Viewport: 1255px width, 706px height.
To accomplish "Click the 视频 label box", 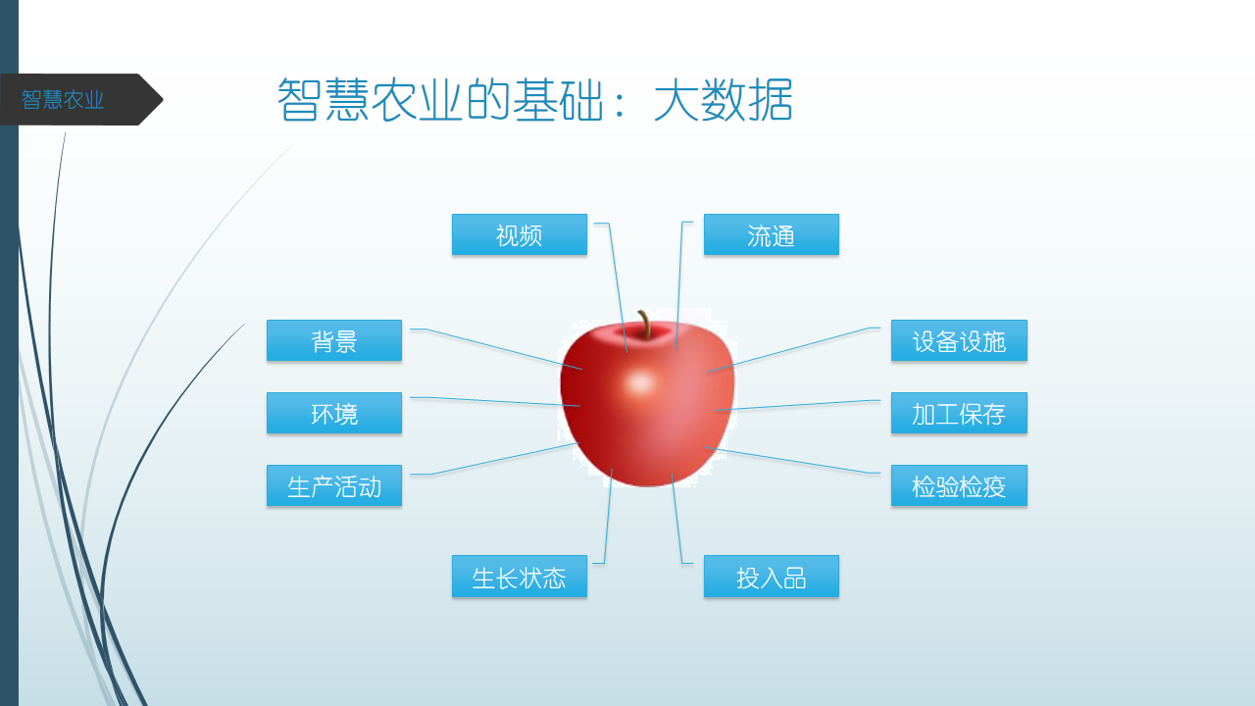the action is coord(520,234).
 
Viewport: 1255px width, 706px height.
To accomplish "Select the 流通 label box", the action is coord(772,234).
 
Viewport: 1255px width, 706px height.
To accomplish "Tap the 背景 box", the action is coord(334,340).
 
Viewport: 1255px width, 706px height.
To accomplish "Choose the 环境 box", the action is coord(334,413).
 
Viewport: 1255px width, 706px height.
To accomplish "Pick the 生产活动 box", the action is coord(334,485).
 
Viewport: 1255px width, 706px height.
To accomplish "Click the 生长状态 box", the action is coord(520,577).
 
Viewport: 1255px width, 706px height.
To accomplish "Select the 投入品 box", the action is coord(772,577).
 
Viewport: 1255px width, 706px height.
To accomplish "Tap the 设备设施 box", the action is coord(959,340).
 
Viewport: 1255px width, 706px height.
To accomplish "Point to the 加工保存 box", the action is coord(959,413).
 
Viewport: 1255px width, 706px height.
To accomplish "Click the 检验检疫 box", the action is coord(959,485).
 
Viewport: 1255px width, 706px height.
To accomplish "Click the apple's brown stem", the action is coord(645,325).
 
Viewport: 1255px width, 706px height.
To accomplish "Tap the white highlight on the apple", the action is coord(640,383).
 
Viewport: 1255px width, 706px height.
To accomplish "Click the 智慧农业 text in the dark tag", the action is coord(63,100).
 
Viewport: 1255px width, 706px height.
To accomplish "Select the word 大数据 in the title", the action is coord(724,100).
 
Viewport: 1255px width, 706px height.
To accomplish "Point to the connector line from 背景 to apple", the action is coord(496,348).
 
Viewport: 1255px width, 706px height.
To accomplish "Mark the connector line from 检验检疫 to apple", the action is coord(792,461).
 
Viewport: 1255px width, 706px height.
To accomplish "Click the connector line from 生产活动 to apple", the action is coord(494,459).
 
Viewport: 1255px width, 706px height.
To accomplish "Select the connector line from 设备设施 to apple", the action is coord(793,350).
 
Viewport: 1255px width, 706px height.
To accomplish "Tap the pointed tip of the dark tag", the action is coord(163,100).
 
